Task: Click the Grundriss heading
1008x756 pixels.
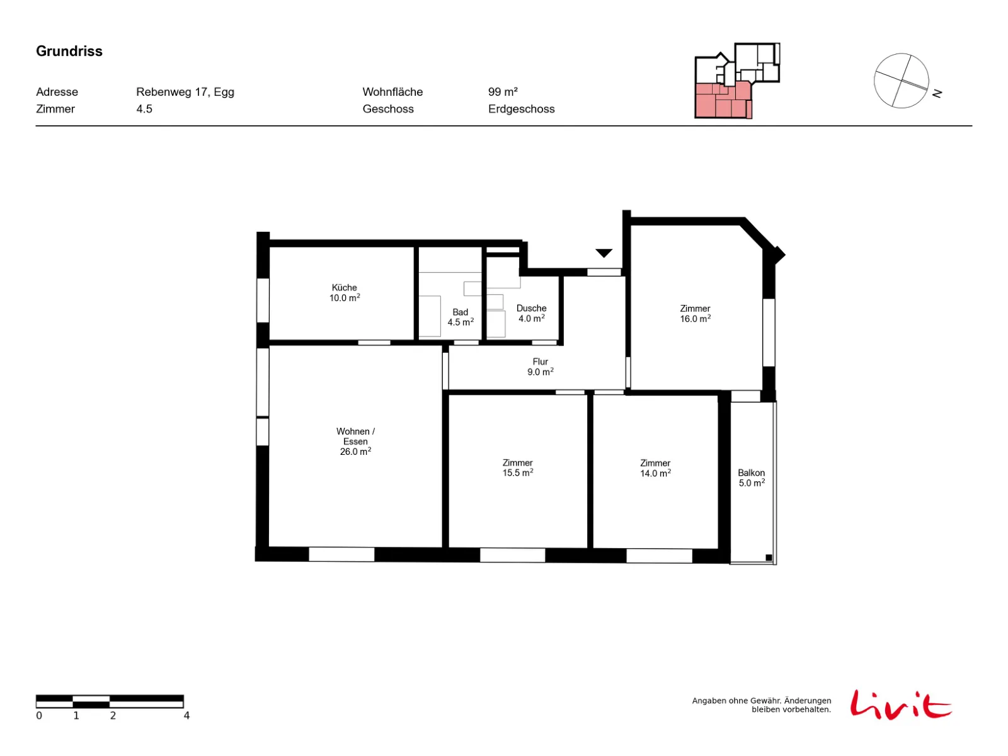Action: (x=69, y=51)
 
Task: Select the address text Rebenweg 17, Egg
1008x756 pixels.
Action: (x=185, y=92)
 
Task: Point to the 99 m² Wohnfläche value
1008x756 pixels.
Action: (x=502, y=92)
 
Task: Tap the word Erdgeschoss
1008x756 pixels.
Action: (x=521, y=109)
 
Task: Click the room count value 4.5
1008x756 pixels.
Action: (x=144, y=109)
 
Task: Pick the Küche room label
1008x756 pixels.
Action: (x=344, y=292)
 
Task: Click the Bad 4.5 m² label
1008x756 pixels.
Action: (x=460, y=317)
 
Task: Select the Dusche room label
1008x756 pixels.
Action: (x=531, y=313)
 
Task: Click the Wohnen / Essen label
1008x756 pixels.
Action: (x=355, y=440)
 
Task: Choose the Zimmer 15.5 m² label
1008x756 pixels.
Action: (x=517, y=467)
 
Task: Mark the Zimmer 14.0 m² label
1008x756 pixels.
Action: (x=655, y=467)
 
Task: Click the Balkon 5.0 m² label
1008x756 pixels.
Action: (x=751, y=478)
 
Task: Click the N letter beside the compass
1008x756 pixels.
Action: (x=937, y=93)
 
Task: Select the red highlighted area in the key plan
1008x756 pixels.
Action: (x=722, y=100)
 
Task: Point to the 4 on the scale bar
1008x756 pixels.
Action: (x=186, y=714)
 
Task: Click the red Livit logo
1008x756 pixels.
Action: (x=900, y=704)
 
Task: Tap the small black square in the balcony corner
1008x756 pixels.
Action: (x=768, y=558)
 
